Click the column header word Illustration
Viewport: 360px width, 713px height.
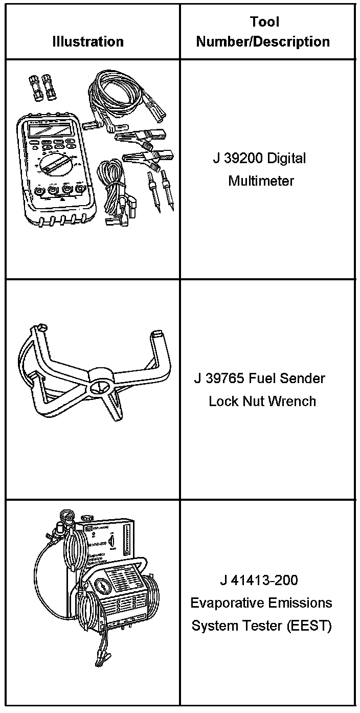click(88, 41)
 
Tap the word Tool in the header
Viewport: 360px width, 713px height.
click(264, 22)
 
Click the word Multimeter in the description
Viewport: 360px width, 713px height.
click(261, 181)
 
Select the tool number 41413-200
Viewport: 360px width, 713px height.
click(266, 580)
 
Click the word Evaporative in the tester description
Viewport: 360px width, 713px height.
click(226, 603)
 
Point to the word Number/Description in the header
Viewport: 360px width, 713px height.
click(262, 41)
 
